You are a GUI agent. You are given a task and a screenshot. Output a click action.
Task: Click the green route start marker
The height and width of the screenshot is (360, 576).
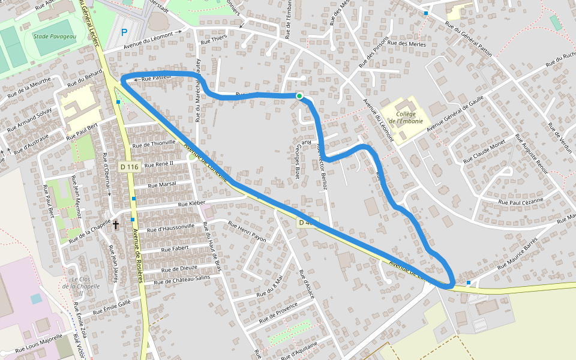tap(299, 96)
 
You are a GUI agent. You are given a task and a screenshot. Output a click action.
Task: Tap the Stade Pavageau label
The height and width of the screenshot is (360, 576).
tap(55, 36)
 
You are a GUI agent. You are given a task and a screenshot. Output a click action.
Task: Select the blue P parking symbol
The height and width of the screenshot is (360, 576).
tap(124, 33)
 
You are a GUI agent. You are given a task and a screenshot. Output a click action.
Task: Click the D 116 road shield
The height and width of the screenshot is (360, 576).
tap(129, 166)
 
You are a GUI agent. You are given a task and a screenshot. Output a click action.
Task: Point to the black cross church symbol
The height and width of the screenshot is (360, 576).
tap(116, 225)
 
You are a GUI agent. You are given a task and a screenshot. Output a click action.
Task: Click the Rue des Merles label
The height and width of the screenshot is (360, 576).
tap(406, 43)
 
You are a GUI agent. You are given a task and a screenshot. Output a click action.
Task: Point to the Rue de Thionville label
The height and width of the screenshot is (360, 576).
tap(154, 143)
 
